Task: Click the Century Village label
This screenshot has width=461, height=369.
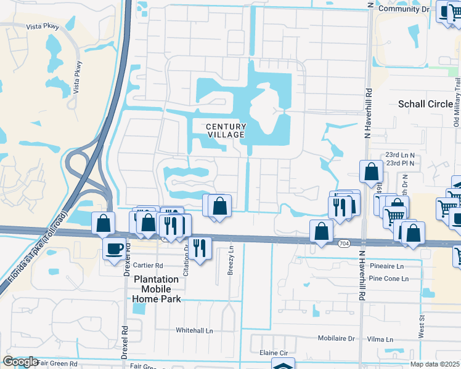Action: coord(226,130)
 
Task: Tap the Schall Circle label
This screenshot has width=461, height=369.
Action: coord(426,104)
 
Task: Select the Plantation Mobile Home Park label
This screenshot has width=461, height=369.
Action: coord(157,289)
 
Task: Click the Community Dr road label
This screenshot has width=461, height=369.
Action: coord(404,9)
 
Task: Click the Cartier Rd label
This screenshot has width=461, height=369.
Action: coord(149,266)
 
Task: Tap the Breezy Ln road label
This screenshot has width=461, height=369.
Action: coord(231,261)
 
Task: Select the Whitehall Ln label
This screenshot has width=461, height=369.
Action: coord(194,330)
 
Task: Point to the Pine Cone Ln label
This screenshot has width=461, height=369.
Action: coord(388,279)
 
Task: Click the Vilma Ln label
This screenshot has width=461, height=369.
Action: coord(381,339)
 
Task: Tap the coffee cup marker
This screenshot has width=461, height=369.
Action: coord(114,249)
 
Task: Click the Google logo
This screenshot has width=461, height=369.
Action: coord(21,362)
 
